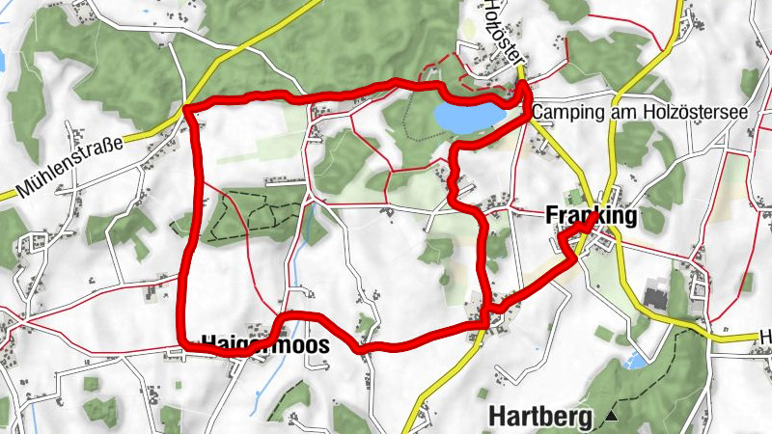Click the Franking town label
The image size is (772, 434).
pos(591,216)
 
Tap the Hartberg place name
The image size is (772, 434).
pos(544,417)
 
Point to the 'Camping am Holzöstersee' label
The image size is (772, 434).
pos(640,113)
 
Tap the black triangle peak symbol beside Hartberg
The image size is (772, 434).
pos(611,417)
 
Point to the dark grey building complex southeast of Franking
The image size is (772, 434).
pos(656,297)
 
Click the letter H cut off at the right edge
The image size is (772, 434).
pos(765,337)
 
